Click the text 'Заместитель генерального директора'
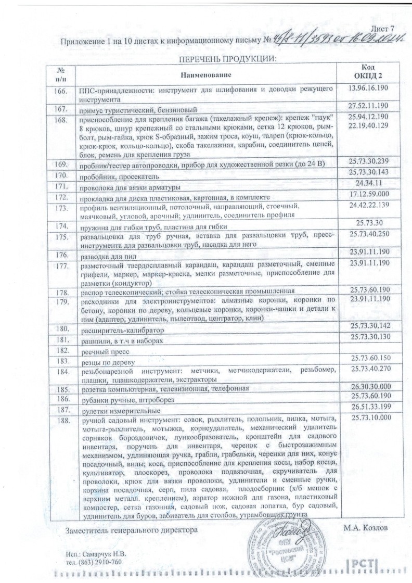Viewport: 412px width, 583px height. [x=132, y=530]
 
